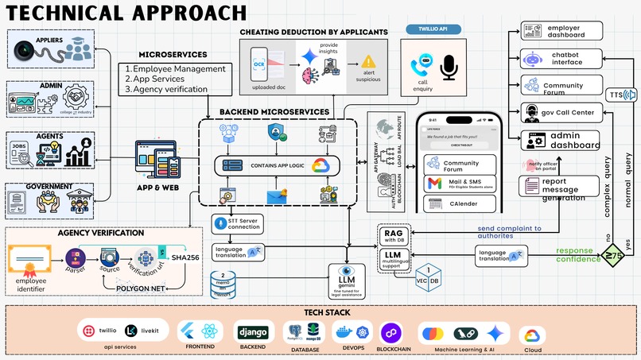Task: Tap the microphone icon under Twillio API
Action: coord(449,68)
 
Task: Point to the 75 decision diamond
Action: coord(612,255)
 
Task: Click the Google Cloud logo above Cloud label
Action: coord(532,335)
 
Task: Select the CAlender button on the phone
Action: coord(460,204)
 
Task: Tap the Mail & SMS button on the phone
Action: coord(460,184)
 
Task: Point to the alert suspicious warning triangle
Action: coord(368,62)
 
